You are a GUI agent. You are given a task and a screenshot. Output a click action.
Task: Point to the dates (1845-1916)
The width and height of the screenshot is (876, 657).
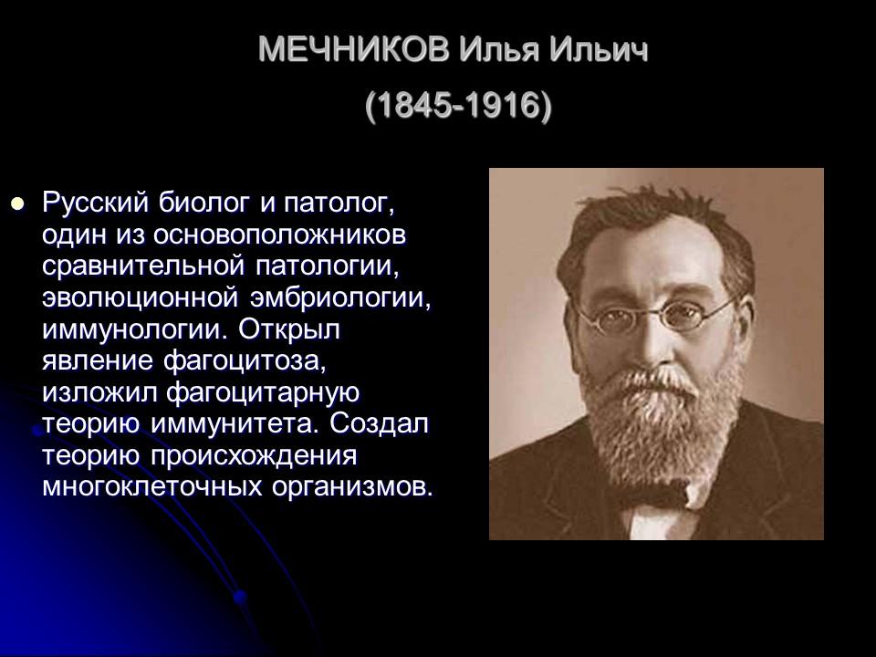click(x=458, y=107)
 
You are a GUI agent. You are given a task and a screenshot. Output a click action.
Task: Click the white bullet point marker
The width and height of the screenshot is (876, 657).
click(x=15, y=201)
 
